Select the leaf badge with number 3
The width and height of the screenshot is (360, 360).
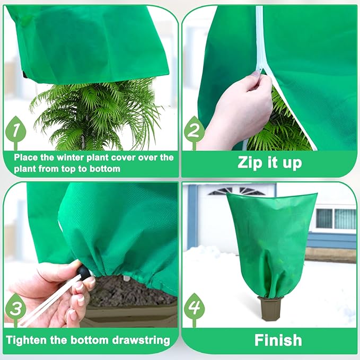pos(15,307)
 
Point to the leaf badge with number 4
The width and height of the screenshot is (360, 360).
pos(194,307)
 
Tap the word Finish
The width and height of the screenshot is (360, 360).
pos(278,340)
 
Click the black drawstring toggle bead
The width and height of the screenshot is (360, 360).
pos(84,273)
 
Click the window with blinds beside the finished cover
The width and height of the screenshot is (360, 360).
pos(336,218)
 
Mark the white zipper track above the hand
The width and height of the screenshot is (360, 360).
pos(259,37)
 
